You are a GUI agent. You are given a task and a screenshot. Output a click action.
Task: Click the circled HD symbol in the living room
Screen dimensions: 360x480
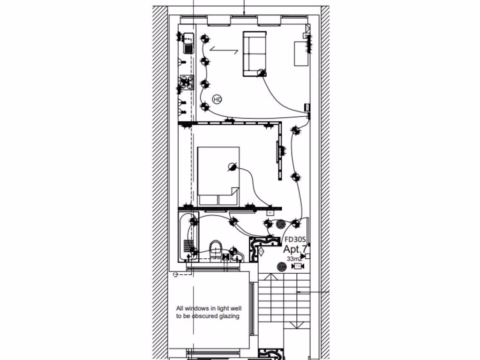pyautogui.click(x=217, y=99)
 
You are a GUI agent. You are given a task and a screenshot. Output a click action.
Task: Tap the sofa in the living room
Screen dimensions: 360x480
pyautogui.click(x=254, y=53)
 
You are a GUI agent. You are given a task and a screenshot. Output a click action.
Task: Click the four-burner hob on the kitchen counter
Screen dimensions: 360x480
pyautogui.click(x=187, y=82)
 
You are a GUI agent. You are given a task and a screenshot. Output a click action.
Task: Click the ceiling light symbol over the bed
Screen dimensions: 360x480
pyautogui.click(x=231, y=167)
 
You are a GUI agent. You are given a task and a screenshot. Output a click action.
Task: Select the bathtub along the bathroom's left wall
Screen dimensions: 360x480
pyautogui.click(x=187, y=237)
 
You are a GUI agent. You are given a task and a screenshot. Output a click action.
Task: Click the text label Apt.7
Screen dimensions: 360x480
pyautogui.click(x=295, y=249)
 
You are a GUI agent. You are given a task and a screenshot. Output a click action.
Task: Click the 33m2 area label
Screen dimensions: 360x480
pyautogui.click(x=294, y=259)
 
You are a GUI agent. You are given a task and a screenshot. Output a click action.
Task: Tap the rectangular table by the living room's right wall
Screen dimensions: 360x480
pyautogui.click(x=300, y=53)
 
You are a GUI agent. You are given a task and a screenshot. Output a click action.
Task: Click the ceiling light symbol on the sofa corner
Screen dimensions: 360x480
pyautogui.click(x=262, y=72)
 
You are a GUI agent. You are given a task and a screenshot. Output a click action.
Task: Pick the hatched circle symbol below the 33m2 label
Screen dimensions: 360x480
pyautogui.click(x=281, y=267)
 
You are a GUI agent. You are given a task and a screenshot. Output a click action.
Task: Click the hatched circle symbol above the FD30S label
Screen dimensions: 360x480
pyautogui.click(x=280, y=225)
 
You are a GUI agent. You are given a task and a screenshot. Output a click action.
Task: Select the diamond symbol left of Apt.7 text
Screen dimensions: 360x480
pyautogui.click(x=261, y=250)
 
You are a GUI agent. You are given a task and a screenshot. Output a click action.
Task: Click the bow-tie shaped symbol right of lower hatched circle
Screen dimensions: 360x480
pyautogui.click(x=297, y=267)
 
